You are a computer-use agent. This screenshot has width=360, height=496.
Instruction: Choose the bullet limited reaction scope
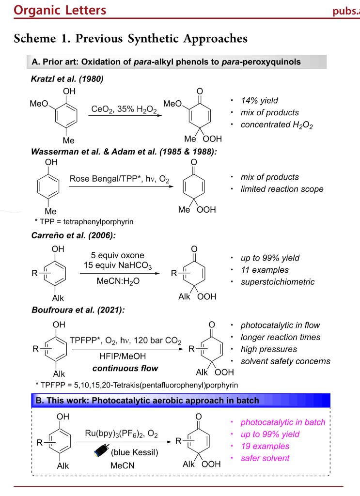click(282, 189)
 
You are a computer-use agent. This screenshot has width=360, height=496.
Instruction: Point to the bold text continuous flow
click(125, 368)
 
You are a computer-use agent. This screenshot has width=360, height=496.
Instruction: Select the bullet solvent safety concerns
click(285, 361)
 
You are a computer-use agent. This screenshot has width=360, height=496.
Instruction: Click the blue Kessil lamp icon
click(101, 453)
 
